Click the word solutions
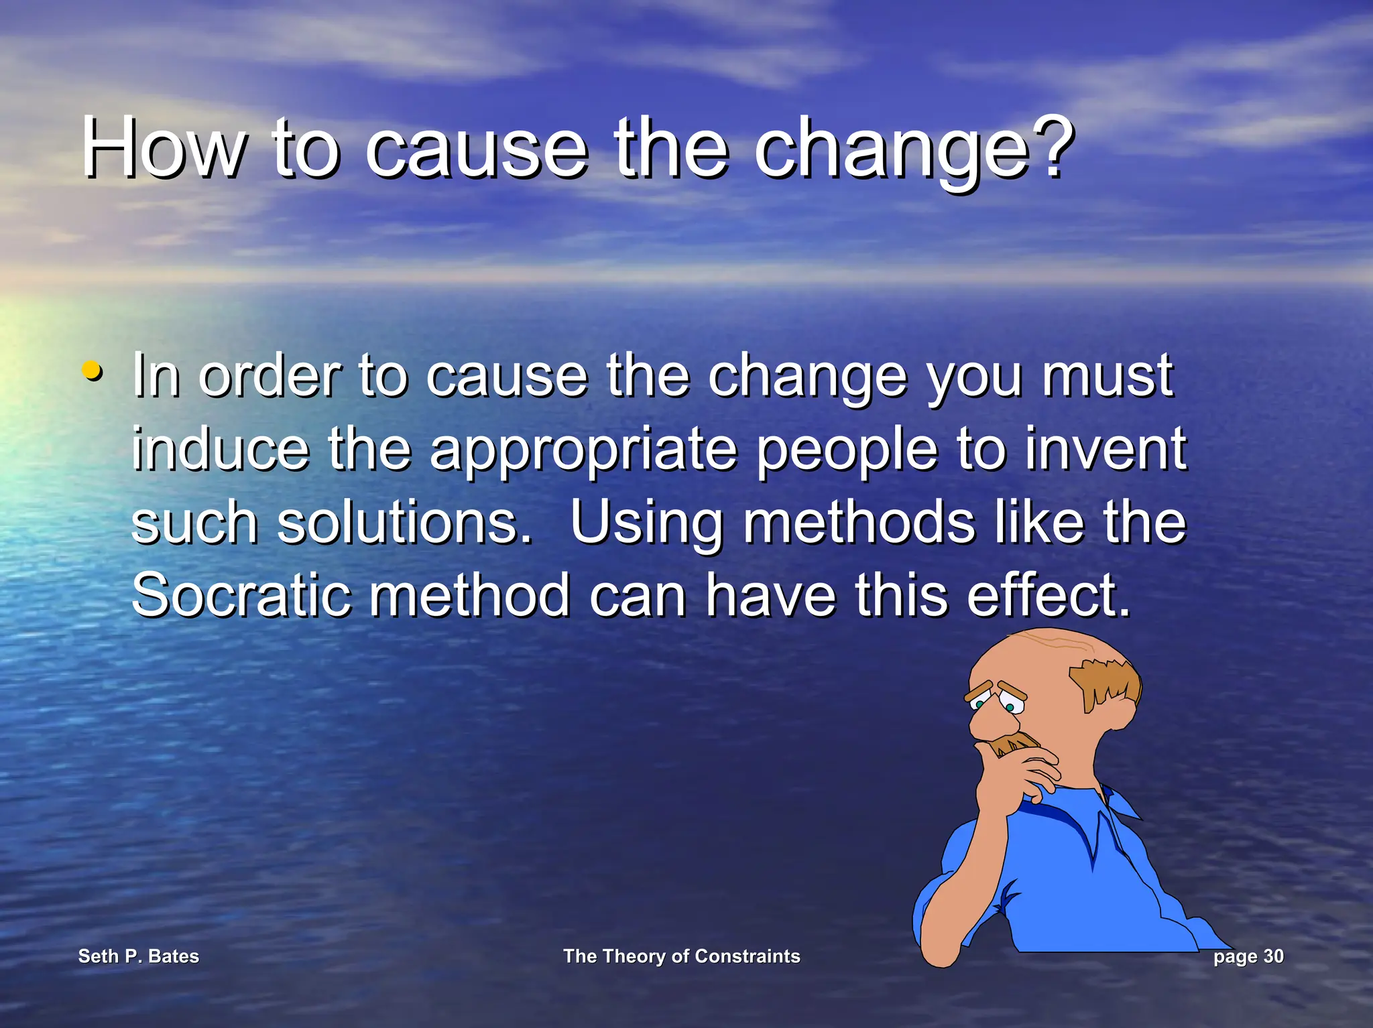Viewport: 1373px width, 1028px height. pyautogui.click(x=404, y=523)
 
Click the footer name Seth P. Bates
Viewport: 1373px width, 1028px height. pyautogui.click(x=139, y=956)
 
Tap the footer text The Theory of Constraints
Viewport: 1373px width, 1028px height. pyautogui.click(x=681, y=956)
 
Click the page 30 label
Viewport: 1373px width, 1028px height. pyautogui.click(x=1248, y=956)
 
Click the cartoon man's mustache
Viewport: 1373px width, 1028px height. pyautogui.click(x=1016, y=743)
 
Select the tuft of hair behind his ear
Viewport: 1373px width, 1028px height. pyautogui.click(x=1106, y=684)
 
